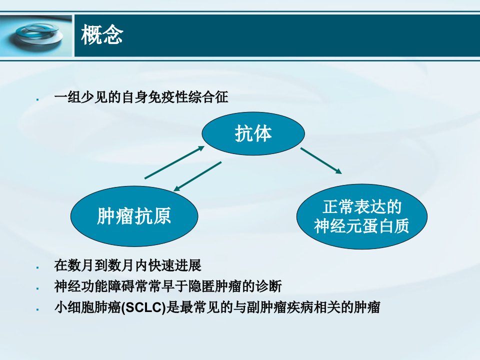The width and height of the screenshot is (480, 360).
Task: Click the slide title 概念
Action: pos(102,35)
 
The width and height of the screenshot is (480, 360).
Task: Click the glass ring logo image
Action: pos(36,36)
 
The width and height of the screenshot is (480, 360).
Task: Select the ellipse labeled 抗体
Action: pos(253,133)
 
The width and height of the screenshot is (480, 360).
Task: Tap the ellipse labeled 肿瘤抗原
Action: pos(134,216)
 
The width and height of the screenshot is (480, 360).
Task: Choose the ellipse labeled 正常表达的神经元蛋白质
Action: pos(362,216)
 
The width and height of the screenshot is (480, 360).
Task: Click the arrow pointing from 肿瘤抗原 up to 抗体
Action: pos(174,162)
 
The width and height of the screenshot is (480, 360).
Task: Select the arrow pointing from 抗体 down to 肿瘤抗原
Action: pos(197,176)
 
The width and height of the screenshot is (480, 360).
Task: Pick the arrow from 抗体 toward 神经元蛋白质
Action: pos(321,160)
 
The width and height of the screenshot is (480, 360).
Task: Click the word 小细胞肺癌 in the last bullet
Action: pos(87,307)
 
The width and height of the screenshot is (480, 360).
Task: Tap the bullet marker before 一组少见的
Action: pos(37,99)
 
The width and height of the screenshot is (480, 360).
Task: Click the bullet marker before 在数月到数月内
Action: pos(37,267)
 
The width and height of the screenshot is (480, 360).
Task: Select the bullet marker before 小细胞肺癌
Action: pos(37,309)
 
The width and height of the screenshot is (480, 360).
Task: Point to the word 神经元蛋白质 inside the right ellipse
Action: pos(361,226)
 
